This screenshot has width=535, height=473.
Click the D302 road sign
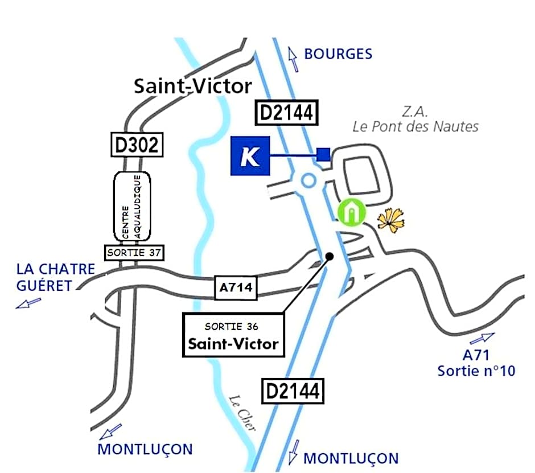tap(137, 145)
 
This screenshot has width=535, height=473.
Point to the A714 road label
tap(236, 288)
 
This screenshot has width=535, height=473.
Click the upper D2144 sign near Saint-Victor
tap(287, 113)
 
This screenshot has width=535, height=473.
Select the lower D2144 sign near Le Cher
tap(293, 391)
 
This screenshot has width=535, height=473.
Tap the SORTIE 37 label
tap(133, 253)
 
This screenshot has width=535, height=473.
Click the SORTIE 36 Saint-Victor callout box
tap(233, 335)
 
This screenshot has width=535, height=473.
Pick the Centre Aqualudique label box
tap(133, 206)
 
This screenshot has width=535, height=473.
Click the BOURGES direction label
tap(338, 54)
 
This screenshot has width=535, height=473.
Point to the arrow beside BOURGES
tap(293, 59)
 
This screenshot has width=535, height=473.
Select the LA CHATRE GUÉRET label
tap(55, 277)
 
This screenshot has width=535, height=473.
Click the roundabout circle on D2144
tap(308, 180)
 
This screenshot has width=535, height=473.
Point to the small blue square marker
tap(323, 154)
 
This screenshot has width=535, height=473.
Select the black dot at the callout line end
tap(330, 257)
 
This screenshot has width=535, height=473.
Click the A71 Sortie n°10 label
tap(476, 363)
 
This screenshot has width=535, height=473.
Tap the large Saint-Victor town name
tap(193, 86)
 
